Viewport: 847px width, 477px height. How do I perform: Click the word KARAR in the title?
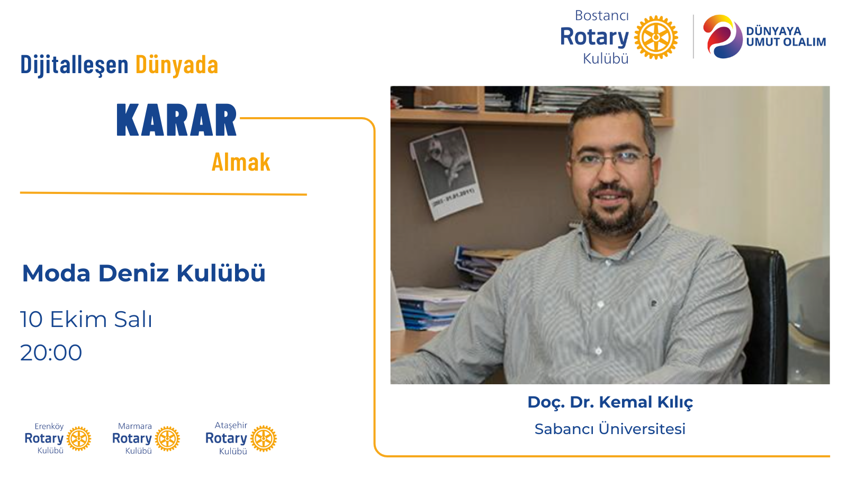tap(177, 120)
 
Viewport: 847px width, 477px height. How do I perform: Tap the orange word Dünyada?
tap(177, 65)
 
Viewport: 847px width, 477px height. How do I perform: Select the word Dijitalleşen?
tap(75, 65)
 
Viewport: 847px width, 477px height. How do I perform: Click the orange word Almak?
tap(241, 162)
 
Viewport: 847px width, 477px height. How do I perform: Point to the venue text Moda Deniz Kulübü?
tap(143, 273)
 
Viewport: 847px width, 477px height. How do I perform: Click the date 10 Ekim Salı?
tap(86, 319)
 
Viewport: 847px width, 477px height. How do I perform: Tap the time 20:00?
tap(51, 352)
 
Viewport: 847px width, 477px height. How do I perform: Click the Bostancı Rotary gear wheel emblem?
tap(656, 37)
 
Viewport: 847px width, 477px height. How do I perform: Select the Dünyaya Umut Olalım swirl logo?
tap(722, 37)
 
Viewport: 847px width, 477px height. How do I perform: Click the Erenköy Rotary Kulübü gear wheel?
tap(79, 439)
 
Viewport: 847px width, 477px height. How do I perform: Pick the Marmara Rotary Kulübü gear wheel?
tap(167, 439)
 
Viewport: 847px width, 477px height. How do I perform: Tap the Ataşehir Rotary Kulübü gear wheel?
tap(264, 439)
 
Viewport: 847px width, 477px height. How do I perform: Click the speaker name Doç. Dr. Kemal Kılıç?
tap(610, 402)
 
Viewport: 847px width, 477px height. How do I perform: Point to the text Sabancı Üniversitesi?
tap(610, 429)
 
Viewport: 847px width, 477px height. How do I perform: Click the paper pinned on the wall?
tap(446, 173)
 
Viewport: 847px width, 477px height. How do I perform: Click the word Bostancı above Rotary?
tap(601, 15)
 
